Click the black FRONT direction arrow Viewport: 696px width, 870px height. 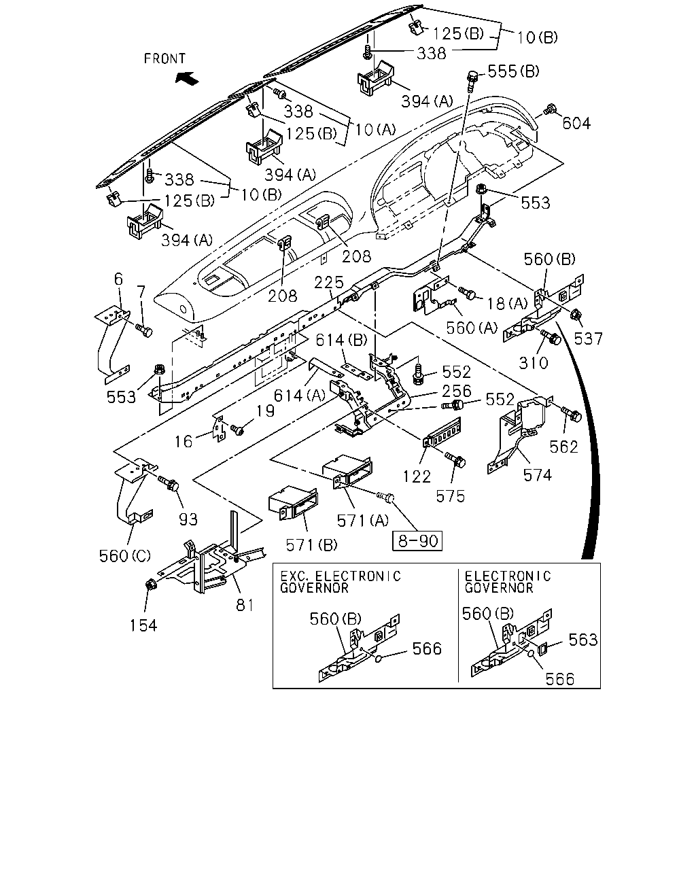pyautogui.click(x=187, y=77)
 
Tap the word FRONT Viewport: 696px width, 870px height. pyautogui.click(x=164, y=58)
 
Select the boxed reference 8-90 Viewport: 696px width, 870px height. pyautogui.click(x=417, y=540)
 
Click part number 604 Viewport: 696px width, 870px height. pyautogui.click(x=576, y=123)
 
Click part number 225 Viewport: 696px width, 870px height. pyautogui.click(x=329, y=282)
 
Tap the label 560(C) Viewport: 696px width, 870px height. pyautogui.click(x=125, y=556)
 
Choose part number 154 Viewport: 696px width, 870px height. pyautogui.click(x=143, y=625)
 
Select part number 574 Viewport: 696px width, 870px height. pyautogui.click(x=538, y=475)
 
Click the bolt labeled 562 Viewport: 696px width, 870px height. pyautogui.click(x=572, y=414)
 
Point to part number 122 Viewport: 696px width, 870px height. pyautogui.click(x=417, y=476)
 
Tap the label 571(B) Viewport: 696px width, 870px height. pyautogui.click(x=311, y=545)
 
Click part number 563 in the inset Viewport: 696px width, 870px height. pyautogui.click(x=582, y=640)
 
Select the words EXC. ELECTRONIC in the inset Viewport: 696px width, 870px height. pyautogui.click(x=341, y=576)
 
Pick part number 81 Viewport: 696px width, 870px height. pyautogui.click(x=245, y=605)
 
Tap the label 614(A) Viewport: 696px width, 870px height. pyautogui.click(x=300, y=396)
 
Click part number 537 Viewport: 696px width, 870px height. pyautogui.click(x=589, y=338)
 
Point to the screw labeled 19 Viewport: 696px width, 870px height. pyautogui.click(x=237, y=430)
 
